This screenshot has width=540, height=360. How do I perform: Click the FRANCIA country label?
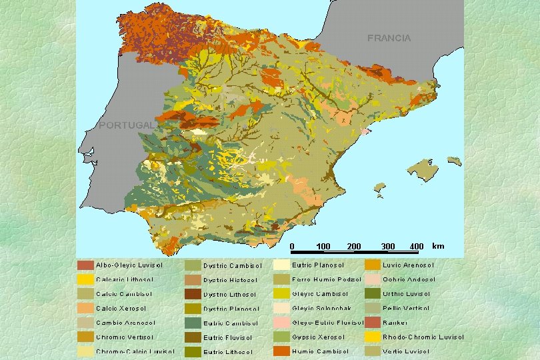(389, 38)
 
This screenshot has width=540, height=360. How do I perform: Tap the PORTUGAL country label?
(126, 125)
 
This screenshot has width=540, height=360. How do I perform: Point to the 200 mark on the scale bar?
(354, 247)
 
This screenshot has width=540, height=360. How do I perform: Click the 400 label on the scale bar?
(416, 247)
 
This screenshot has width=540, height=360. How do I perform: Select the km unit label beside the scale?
(438, 246)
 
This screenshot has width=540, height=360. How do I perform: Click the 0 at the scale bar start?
(292, 247)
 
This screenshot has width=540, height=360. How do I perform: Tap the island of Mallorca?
(421, 169)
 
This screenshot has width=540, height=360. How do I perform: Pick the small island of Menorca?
(454, 161)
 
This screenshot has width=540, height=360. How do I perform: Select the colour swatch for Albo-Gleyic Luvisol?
(85, 265)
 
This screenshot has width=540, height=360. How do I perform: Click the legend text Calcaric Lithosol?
(125, 279)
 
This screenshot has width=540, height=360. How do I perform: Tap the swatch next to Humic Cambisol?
(281, 351)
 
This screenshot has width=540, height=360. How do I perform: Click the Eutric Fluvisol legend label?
(227, 337)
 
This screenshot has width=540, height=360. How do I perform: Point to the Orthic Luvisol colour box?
(372, 293)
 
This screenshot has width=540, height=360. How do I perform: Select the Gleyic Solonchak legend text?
(321, 309)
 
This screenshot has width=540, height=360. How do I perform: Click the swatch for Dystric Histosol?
(193, 279)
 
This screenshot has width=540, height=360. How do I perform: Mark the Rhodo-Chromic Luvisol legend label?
(423, 337)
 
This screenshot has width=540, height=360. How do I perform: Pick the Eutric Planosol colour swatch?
(281, 265)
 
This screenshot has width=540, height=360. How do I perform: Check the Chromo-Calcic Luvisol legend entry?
(131, 351)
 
